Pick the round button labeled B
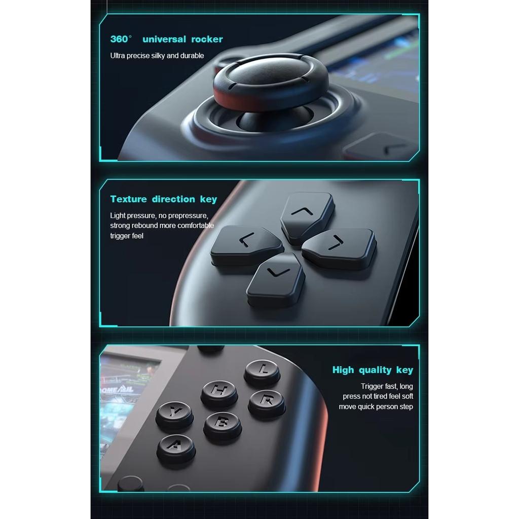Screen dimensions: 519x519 click(x=222, y=425)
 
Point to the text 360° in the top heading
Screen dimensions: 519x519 click(x=121, y=40)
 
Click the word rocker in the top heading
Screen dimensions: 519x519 click(x=207, y=40)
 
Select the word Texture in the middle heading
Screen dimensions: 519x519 click(x=128, y=199)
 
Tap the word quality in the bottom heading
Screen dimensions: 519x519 click(x=375, y=370)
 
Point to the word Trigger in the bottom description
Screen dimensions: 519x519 click(x=373, y=386)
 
